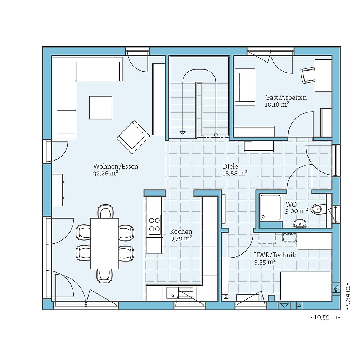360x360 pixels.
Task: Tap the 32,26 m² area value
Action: click(105, 174)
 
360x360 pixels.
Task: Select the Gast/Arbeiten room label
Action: click(286, 98)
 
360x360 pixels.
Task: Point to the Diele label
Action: click(230, 167)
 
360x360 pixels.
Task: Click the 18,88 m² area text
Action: click(235, 174)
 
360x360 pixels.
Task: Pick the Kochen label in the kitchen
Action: click(181, 231)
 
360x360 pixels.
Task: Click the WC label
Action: click(291, 204)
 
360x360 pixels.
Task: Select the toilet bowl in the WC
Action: click(318, 209)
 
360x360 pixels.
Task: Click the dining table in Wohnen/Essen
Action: click(104, 243)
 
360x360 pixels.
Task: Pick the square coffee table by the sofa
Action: click(100, 107)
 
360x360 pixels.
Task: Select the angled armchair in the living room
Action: click(133, 135)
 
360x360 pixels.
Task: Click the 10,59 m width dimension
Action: click(325, 317)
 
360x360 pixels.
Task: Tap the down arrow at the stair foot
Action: click(183, 132)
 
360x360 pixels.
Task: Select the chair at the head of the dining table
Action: click(105, 212)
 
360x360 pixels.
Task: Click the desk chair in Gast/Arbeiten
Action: click(307, 75)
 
